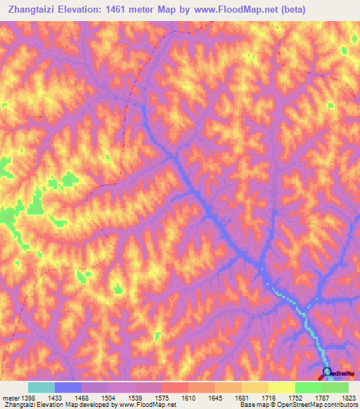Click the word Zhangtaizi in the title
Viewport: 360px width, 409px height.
pos(32,10)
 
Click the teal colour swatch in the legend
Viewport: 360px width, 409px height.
pos(41,387)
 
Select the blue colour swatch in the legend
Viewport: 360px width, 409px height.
pos(68,387)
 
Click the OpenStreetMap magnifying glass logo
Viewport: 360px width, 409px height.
pos(326,373)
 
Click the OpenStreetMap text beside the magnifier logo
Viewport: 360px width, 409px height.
pos(344,375)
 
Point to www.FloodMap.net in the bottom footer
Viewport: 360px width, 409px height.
pos(147,405)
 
